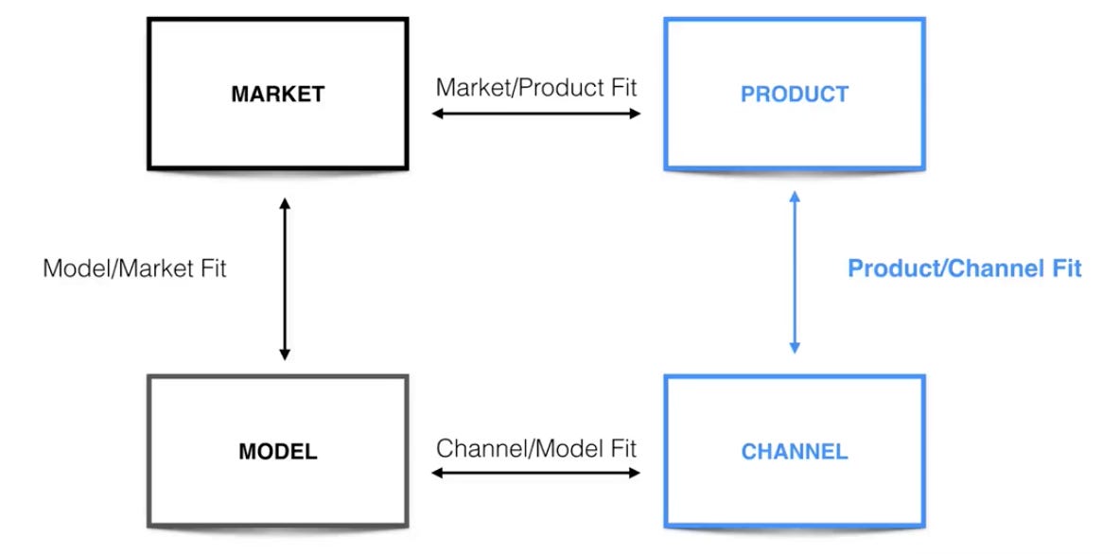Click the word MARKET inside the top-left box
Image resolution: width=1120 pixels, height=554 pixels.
tap(278, 95)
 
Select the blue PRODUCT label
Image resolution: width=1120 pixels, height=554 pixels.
tap(795, 95)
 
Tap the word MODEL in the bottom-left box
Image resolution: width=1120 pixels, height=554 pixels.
tap(278, 451)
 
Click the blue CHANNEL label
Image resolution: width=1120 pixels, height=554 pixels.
tap(795, 451)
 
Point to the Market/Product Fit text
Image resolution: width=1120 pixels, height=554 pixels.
tap(536, 88)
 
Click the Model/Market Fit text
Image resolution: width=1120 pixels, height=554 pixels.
tap(135, 268)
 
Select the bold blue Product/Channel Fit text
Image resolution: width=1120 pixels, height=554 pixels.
tap(964, 268)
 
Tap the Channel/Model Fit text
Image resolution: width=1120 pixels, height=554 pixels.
tap(536, 447)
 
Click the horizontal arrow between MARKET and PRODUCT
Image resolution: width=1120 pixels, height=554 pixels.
tap(536, 114)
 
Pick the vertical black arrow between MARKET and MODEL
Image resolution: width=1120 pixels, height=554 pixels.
tap(285, 279)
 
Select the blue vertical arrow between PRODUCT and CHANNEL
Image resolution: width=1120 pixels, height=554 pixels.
tap(795, 272)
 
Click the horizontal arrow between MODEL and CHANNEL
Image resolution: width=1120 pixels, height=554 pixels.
tap(536, 472)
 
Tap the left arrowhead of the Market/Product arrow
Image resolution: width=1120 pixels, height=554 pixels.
tap(437, 114)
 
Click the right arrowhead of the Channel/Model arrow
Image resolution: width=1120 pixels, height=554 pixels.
tap(636, 472)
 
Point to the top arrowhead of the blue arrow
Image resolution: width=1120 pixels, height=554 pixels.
tap(795, 196)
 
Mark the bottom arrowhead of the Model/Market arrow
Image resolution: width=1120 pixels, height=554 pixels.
tap(285, 355)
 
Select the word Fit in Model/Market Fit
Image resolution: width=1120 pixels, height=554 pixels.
tap(210, 268)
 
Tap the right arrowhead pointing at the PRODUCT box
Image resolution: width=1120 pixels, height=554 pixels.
tap(636, 114)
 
